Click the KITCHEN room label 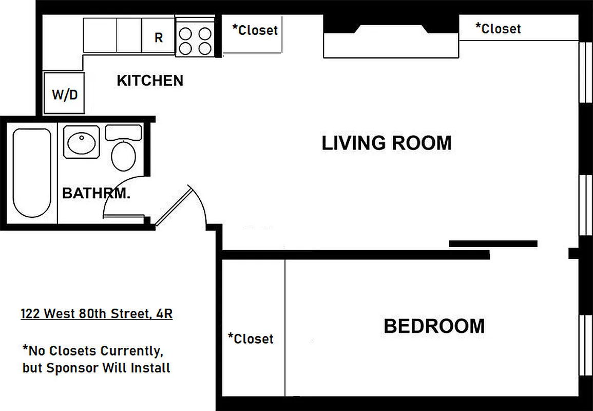(x=150, y=81)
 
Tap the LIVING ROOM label (x=387, y=143)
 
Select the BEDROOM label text (x=434, y=326)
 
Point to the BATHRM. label (x=96, y=194)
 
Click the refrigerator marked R (x=159, y=37)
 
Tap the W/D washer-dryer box (x=64, y=94)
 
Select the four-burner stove (x=195, y=41)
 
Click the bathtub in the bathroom (x=32, y=173)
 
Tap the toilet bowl (x=123, y=156)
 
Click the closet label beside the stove (x=255, y=30)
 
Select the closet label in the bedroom (x=251, y=339)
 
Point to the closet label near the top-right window (x=498, y=28)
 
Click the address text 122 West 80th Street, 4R (x=97, y=313)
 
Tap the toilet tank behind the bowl (x=123, y=132)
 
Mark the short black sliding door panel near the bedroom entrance (x=493, y=244)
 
